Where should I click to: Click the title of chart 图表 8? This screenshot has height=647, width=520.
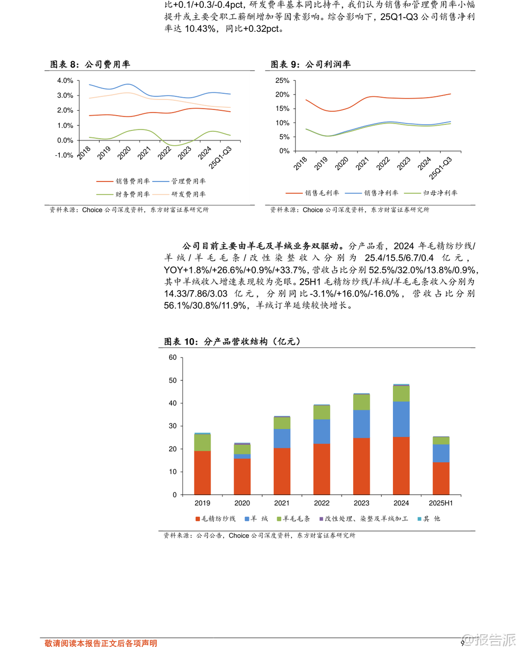90,65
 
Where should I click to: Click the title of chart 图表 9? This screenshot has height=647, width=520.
311,65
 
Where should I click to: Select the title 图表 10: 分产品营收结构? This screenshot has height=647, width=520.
232,342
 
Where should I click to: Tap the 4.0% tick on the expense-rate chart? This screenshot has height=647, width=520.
65,80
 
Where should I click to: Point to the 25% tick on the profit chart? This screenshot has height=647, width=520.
282,80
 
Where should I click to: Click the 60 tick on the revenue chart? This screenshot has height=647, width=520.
173,357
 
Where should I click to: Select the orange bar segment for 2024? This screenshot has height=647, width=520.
401,465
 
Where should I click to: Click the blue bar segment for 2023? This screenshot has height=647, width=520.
362,424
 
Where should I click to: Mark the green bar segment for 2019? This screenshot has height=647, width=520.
202,443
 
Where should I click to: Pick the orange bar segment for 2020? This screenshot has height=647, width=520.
242,476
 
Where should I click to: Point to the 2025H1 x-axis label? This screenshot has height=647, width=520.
441,503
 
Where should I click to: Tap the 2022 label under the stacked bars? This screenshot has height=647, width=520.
322,503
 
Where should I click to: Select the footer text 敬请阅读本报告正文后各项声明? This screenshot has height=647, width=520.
101,643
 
